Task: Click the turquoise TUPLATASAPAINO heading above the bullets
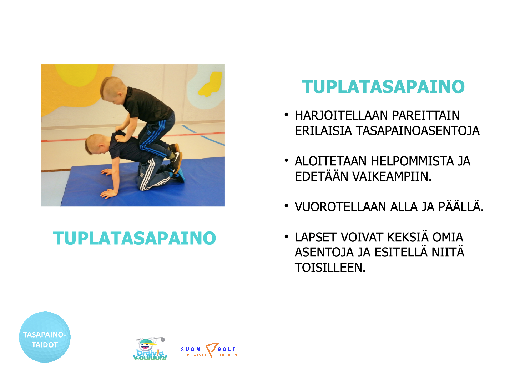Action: point(383,87)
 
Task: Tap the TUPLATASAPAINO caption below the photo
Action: point(135,238)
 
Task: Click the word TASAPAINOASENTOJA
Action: point(418,131)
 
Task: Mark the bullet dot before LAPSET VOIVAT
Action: point(286,236)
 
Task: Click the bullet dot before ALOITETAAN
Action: point(286,161)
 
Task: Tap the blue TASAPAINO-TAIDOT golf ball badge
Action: point(45,337)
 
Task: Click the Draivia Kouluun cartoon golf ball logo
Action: point(150,349)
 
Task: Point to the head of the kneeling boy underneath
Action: point(95,144)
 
